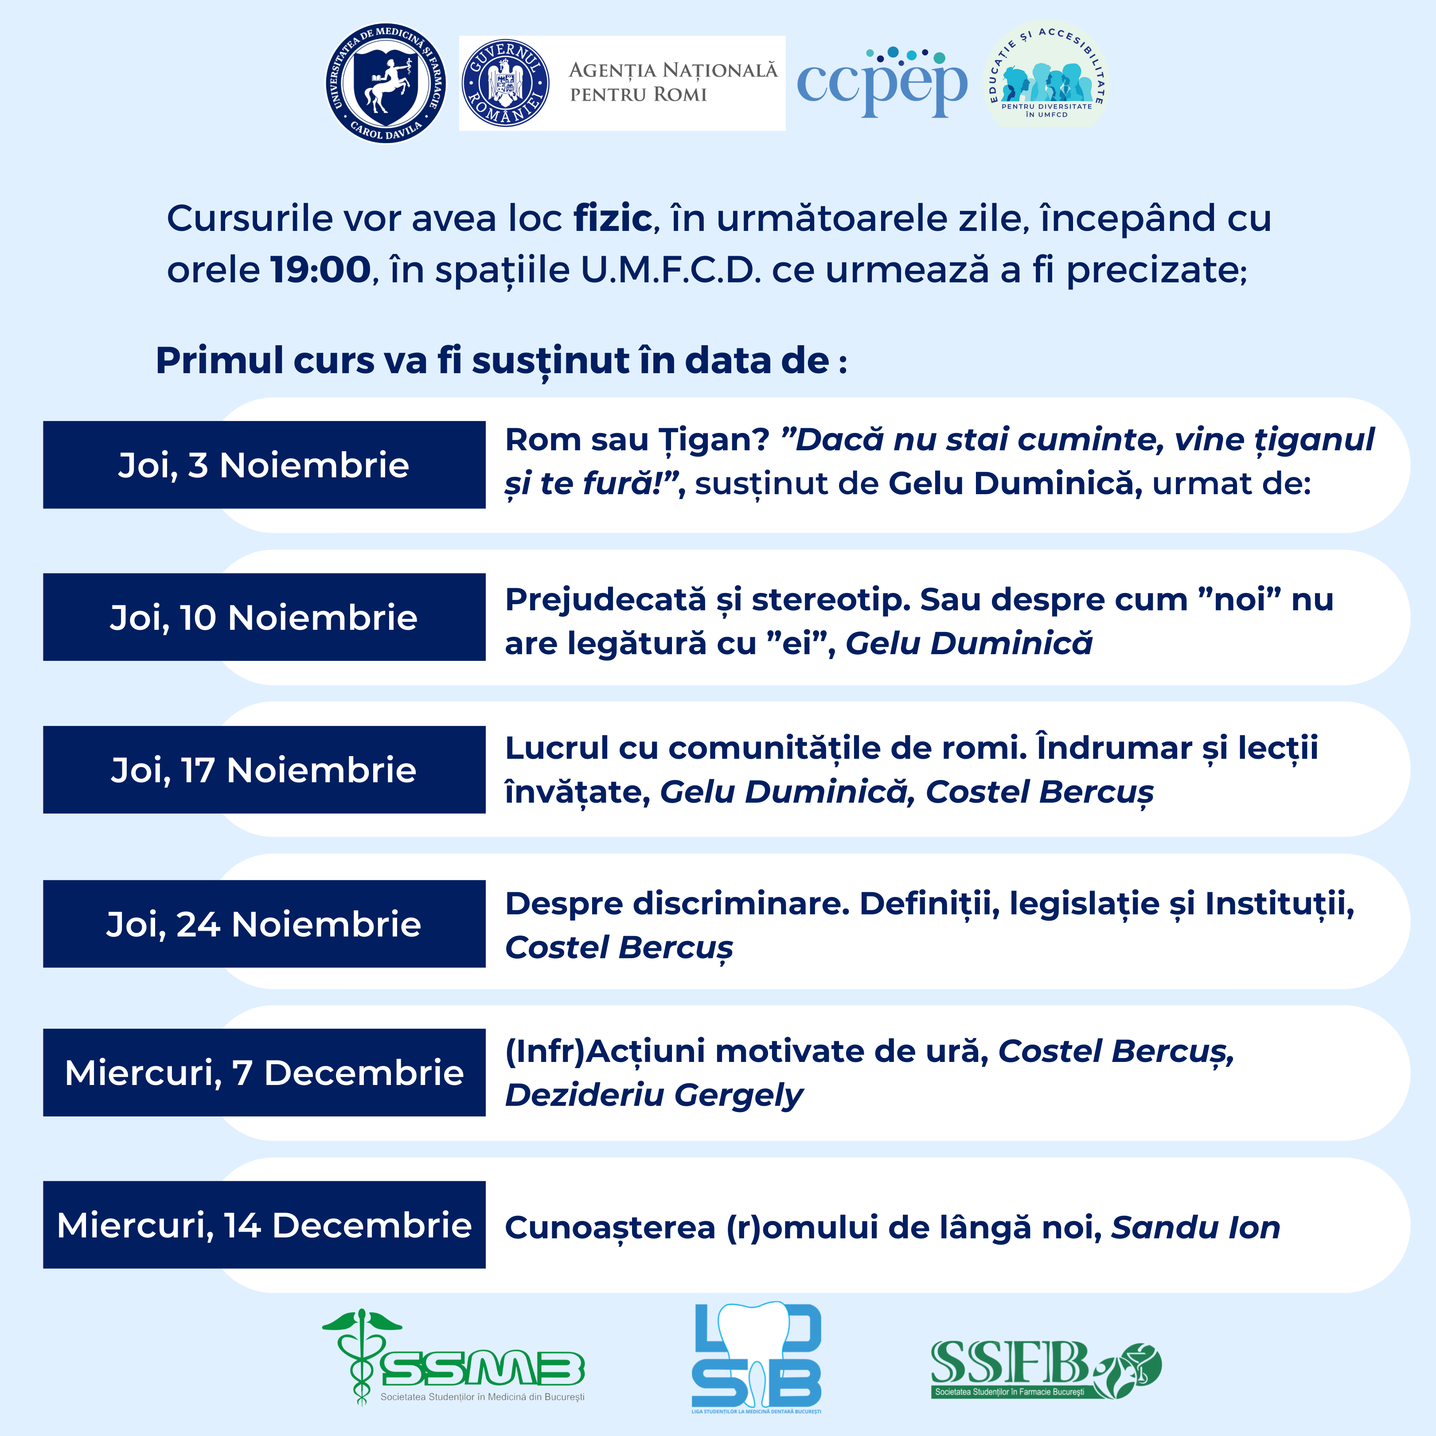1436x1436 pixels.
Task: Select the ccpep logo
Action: [x=882, y=82]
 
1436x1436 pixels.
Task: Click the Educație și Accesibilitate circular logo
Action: [x=1046, y=74]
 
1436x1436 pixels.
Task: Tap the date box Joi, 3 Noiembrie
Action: [x=264, y=464]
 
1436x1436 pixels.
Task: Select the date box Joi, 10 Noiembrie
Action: [x=264, y=617]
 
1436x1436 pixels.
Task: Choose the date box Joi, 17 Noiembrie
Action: [x=264, y=769]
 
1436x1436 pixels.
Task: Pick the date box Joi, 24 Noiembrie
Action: [x=264, y=924]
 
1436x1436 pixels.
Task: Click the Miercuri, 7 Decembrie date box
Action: [x=264, y=1073]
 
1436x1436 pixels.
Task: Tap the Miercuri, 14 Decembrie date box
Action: [x=264, y=1225]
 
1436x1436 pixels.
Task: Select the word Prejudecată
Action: [x=605, y=600]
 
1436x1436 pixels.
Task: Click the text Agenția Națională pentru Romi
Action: [x=673, y=82]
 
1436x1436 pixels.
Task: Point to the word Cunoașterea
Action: [x=609, y=1228]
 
